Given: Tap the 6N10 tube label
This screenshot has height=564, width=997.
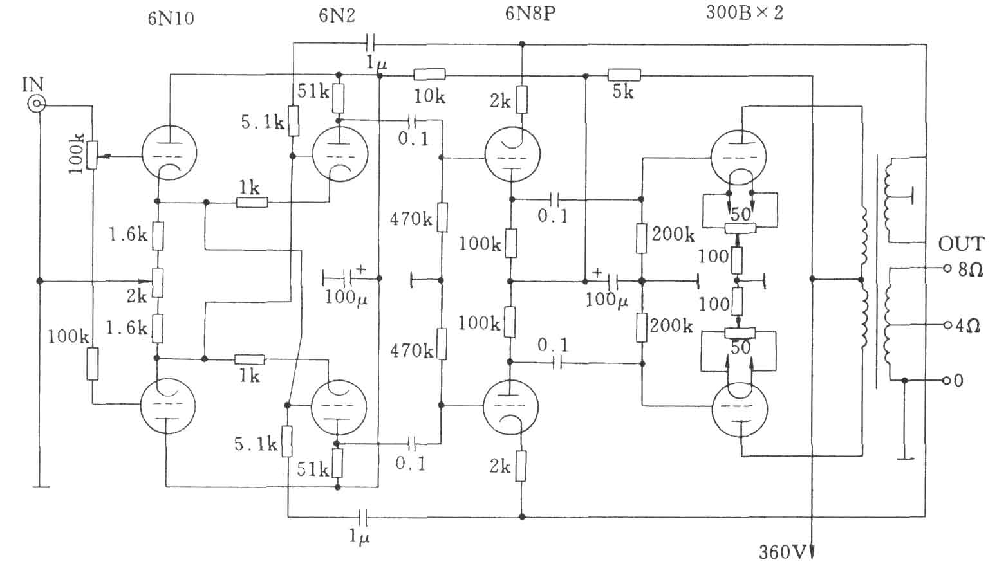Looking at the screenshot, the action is click(171, 19).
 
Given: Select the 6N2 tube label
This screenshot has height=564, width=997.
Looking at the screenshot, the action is click(337, 15).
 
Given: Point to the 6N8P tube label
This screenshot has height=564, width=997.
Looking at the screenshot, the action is click(530, 14).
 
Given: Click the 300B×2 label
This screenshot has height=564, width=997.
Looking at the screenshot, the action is click(744, 12).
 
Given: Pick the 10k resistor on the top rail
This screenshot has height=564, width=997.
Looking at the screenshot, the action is click(429, 75).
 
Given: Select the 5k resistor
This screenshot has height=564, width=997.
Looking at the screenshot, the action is click(624, 75).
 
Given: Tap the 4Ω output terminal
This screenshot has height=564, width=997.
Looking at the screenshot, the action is click(947, 325).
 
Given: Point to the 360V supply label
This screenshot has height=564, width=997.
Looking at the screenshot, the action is click(783, 552).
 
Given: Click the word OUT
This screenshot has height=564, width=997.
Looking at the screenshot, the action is click(961, 244).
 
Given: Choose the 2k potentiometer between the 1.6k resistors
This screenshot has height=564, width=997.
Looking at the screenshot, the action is click(158, 282).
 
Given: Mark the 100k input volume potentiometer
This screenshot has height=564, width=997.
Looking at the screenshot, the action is click(92, 155).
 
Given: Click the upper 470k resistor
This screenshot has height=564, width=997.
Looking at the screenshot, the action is click(442, 217).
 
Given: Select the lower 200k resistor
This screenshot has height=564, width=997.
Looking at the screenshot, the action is click(641, 327).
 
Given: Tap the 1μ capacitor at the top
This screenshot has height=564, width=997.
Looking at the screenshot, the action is click(370, 44).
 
